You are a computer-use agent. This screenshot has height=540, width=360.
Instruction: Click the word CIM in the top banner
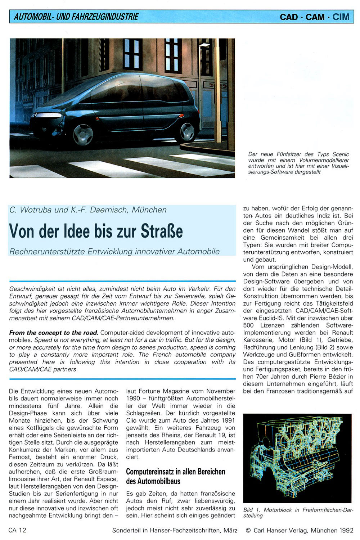pyautogui.click(x=341, y=17)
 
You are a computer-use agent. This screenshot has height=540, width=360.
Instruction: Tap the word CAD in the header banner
pyautogui.click(x=289, y=17)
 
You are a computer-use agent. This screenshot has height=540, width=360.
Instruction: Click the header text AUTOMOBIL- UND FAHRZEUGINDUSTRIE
pyautogui.click(x=76, y=17)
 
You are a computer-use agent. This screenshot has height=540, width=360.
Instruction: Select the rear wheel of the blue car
pyautogui.click(x=187, y=131)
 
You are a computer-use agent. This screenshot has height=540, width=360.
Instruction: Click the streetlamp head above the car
pyautogui.click(x=204, y=45)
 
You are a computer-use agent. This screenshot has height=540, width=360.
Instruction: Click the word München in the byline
pyautogui.click(x=149, y=210)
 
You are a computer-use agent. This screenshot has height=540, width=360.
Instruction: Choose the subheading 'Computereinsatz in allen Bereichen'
pyautogui.click(x=175, y=472)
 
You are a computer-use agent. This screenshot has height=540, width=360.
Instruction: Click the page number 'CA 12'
pyautogui.click(x=18, y=530)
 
